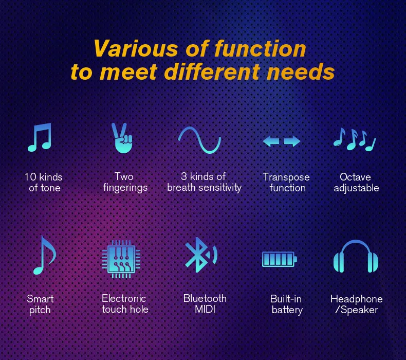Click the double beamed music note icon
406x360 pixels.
click(40, 137)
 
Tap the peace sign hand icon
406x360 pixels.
click(123, 138)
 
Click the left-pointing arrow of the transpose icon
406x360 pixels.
click(271, 141)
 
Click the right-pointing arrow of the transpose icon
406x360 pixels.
click(292, 141)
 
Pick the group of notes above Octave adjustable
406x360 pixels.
click(355, 139)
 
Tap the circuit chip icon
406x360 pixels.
click(122, 258)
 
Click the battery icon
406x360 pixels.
click(279, 259)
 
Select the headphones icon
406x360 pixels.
click(356, 256)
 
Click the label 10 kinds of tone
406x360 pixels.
click(44, 183)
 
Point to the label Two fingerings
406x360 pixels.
click(125, 182)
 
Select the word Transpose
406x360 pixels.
click(286, 177)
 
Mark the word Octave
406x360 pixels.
click(355, 177)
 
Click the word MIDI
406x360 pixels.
click(205, 310)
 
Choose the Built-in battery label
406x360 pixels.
click(286, 304)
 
